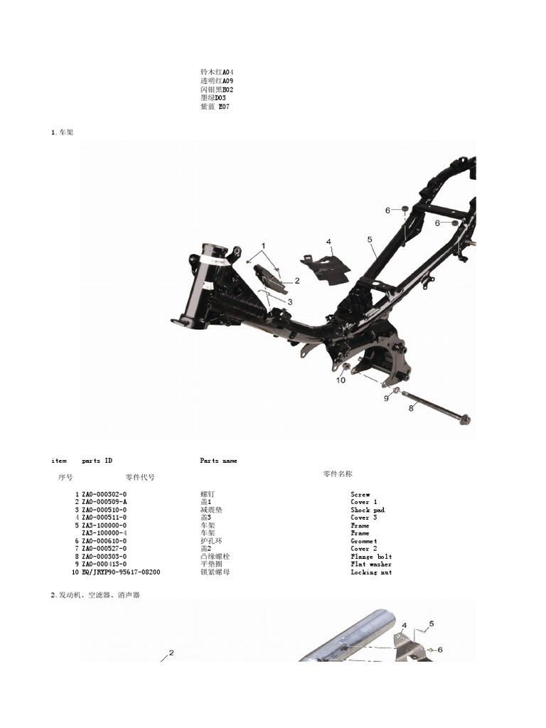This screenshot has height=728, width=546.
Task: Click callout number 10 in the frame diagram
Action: click(341, 380)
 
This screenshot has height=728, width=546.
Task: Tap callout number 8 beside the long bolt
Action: click(411, 408)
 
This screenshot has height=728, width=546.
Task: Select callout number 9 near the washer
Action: click(387, 398)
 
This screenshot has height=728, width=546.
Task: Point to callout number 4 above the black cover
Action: click(328, 242)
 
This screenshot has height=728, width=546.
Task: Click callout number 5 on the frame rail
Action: click(370, 240)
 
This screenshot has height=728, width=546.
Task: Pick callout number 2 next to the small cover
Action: click(297, 280)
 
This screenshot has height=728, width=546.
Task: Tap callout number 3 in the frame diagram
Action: click(290, 301)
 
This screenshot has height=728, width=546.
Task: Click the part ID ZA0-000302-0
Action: click(105, 494)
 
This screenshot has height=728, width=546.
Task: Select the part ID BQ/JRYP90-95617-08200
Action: click(121, 572)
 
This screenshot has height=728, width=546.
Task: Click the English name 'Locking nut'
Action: click(370, 572)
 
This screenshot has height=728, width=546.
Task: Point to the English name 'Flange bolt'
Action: click(370, 557)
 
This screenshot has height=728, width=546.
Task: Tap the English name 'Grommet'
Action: click(364, 541)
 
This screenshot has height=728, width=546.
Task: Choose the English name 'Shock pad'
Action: click(367, 510)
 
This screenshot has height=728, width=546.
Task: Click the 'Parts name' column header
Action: click(218, 461)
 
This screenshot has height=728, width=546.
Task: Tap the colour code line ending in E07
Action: click(215, 107)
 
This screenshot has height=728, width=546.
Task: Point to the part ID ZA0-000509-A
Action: click(105, 502)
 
